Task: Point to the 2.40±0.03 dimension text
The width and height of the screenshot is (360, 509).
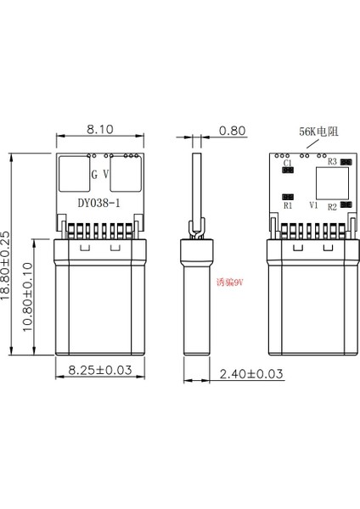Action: [x=251, y=372]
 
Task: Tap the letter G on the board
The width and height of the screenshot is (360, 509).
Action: [x=93, y=174]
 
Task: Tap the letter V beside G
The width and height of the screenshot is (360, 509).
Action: [x=105, y=174]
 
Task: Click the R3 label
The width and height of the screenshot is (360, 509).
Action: [x=332, y=160]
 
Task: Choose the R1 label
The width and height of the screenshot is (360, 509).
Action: [x=288, y=205]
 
